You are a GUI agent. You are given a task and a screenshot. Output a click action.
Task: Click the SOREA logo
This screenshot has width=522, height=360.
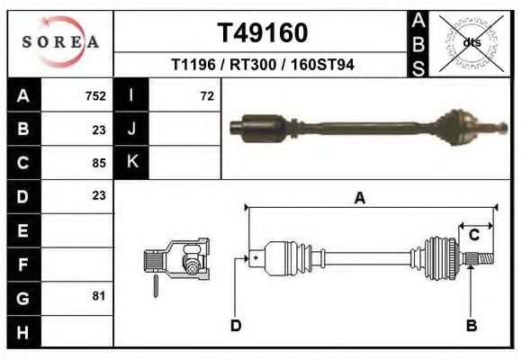tap(60, 42)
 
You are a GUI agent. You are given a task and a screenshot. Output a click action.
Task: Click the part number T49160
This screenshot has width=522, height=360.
tap(263, 33)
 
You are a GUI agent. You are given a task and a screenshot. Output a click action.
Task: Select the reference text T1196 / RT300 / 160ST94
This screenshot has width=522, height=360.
tap(263, 65)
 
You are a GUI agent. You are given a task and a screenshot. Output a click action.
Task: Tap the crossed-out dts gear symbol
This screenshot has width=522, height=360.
tap(471, 42)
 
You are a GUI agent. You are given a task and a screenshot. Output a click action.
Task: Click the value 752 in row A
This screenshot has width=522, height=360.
tap(94, 96)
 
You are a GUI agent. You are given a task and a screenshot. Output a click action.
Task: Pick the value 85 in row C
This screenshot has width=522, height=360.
tap(99, 163)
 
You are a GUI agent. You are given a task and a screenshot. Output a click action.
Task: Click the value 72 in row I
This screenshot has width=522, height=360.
tap(206, 96)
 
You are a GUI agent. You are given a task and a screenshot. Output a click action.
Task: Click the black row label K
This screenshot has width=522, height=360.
tap(131, 163)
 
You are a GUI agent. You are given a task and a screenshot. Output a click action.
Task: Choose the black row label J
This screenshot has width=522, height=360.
tap(131, 130)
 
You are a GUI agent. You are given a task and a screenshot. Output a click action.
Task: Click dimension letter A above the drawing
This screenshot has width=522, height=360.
tap(360, 199)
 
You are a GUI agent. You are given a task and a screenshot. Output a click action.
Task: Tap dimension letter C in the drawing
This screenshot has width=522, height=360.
tap(473, 236)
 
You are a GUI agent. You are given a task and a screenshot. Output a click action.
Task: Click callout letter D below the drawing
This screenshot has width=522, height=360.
tap(235, 325)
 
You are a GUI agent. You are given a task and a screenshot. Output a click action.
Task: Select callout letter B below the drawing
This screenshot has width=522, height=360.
tap(471, 325)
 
